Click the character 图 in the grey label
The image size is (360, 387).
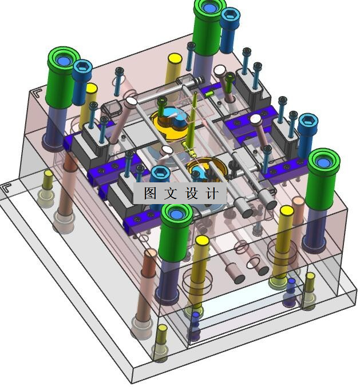[151, 193]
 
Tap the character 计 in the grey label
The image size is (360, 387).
[212, 193]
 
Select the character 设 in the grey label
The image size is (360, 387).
[192, 193]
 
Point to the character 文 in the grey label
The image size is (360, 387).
[171, 193]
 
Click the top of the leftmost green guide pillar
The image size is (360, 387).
[64, 59]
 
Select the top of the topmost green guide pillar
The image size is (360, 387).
[210, 8]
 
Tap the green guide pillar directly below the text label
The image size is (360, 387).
[176, 232]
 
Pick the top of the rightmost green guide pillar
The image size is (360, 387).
[324, 162]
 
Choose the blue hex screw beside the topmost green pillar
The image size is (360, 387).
[230, 30]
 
